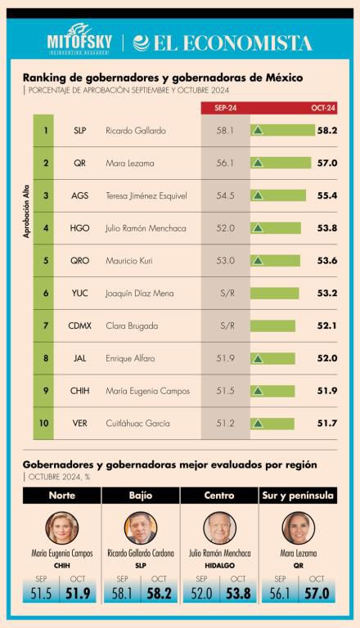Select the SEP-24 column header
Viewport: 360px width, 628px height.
click(x=225, y=108)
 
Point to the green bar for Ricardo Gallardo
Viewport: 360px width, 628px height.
click(x=283, y=130)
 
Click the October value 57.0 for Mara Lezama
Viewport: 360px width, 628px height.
click(x=326, y=163)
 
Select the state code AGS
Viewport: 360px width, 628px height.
click(x=79, y=195)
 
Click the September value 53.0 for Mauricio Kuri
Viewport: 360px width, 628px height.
click(x=225, y=261)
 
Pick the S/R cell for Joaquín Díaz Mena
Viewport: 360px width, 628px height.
click(x=227, y=293)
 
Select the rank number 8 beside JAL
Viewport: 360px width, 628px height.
click(x=46, y=358)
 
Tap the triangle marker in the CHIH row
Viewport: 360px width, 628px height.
click(x=259, y=391)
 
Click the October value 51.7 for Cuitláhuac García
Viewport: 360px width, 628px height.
click(x=326, y=423)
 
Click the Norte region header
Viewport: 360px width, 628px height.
click(x=61, y=496)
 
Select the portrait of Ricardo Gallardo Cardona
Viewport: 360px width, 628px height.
click(x=140, y=527)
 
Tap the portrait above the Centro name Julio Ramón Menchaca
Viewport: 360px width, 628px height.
click(x=218, y=527)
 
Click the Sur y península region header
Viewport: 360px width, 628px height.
click(x=299, y=496)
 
